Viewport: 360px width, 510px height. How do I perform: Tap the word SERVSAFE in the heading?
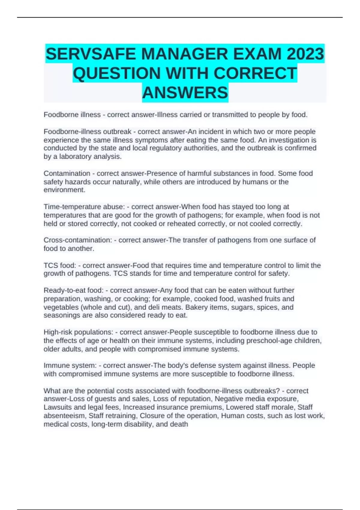92,54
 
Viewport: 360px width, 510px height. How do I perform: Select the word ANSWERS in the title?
185,92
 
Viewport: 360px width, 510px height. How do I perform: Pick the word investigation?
287,140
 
